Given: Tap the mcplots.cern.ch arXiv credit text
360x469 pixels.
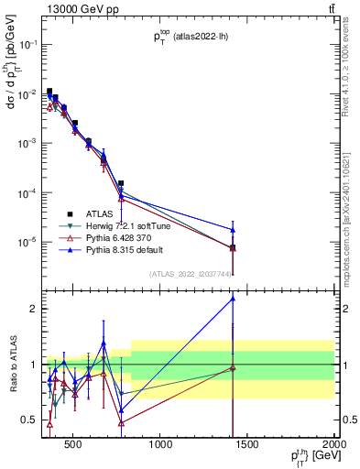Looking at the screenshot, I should [353, 183].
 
